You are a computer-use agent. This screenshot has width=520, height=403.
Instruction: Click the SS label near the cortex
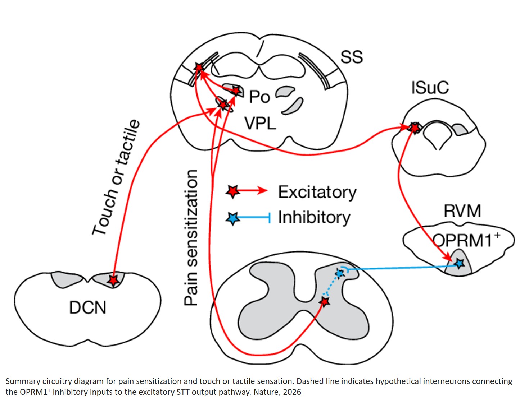(351, 57)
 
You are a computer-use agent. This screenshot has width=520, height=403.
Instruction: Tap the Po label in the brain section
(259, 97)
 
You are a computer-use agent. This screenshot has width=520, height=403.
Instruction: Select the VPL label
(260, 124)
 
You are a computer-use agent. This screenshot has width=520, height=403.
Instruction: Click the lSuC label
(430, 88)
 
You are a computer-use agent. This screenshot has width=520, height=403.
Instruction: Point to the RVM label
(462, 211)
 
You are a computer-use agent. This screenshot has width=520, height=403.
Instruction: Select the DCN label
(87, 308)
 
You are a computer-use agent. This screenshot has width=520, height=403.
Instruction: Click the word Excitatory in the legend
(317, 192)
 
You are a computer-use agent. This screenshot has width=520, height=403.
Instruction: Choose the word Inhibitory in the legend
(314, 217)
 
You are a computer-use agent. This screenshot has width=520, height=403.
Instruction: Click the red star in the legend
(233, 191)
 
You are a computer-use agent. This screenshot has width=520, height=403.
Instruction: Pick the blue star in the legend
(233, 218)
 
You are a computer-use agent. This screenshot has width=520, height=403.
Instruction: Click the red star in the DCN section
(113, 280)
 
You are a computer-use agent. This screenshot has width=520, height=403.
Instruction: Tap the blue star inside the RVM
(459, 264)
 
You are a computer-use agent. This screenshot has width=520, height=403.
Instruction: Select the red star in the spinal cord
(325, 302)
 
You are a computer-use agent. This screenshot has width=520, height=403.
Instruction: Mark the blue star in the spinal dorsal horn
(339, 274)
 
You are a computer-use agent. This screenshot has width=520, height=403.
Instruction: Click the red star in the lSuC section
(415, 128)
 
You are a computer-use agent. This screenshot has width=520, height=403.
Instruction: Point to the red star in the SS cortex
(199, 67)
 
